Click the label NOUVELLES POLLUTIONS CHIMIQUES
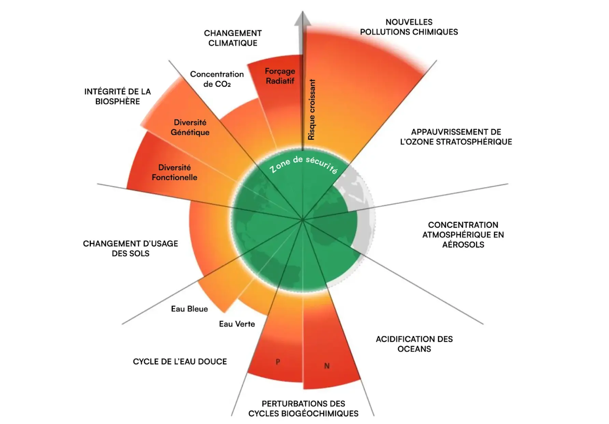tap(409, 27)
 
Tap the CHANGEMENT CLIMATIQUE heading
tap(233, 38)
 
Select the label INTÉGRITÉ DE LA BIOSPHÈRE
tap(117, 96)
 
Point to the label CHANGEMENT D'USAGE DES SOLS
tap(130, 248)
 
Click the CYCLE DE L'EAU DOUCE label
tap(180, 362)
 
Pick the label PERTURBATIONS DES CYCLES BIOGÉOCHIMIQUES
tap(303, 408)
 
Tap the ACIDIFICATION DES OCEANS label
tap(414, 344)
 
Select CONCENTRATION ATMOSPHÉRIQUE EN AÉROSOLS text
tap(463, 235)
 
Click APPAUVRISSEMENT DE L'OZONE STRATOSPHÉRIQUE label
tap(456, 137)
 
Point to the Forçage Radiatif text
tap(280, 76)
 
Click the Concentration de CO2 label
tap(217, 79)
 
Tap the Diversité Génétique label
tap(190, 127)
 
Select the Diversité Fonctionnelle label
tap(174, 172)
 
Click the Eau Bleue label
tap(189, 309)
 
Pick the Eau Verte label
tap(237, 324)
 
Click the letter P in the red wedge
tap(278, 362)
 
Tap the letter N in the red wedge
tap(327, 366)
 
